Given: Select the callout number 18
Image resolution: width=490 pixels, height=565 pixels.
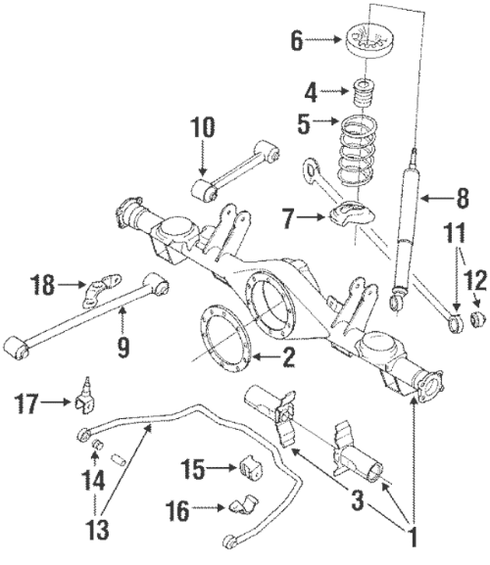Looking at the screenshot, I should point(42,285).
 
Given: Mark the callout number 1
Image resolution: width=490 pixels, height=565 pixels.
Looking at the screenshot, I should point(413,537).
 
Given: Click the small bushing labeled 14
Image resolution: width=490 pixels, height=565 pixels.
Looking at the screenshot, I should point(97,447).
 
